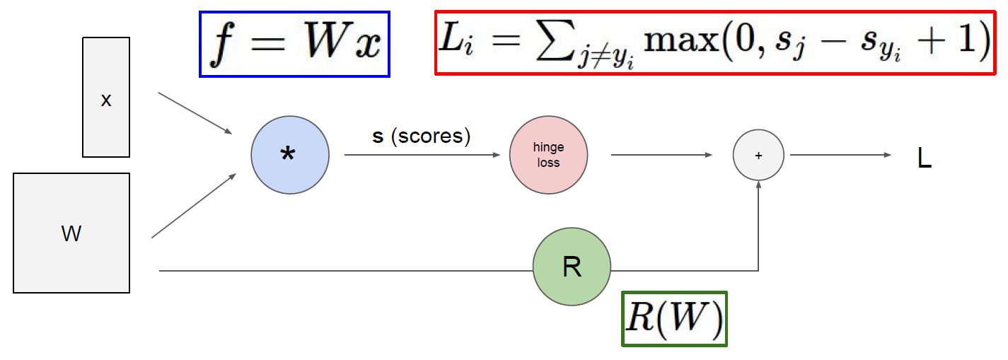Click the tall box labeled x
point(106,97)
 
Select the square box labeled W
point(71,233)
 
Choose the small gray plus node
point(758,156)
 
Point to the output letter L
point(924,159)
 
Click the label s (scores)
point(422,136)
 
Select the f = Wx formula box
point(295,44)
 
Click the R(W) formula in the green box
point(674,320)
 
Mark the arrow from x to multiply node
point(195,112)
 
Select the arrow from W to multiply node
point(193,206)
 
